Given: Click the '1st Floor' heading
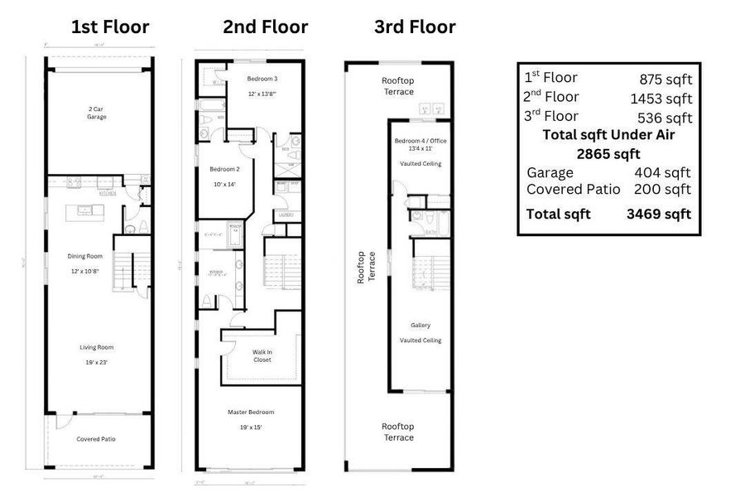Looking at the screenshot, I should (110, 27).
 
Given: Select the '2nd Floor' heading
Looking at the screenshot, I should (265, 27).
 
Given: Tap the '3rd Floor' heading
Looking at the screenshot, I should (414, 27).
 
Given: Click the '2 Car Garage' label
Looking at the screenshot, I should (98, 113).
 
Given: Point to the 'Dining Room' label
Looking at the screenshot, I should (85, 256).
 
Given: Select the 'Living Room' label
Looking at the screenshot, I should (97, 347).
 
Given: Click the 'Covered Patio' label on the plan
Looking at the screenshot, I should (97, 439).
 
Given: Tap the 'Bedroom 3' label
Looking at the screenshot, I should (262, 79).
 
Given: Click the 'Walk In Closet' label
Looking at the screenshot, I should (262, 355).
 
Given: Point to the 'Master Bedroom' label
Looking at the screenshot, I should (251, 412).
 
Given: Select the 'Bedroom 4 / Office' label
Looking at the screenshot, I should (421, 141).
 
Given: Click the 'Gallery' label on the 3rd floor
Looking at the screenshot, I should (421, 326).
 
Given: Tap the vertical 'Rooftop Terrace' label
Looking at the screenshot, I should (365, 268).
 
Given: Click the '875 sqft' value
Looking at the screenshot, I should (665, 80).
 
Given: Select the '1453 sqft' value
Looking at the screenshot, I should (661, 99).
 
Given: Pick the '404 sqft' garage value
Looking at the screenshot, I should (665, 173).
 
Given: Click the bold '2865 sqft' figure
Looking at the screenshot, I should (608, 153).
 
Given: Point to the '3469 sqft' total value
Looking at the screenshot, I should (659, 215).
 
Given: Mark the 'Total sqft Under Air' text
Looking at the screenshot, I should (608, 135).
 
